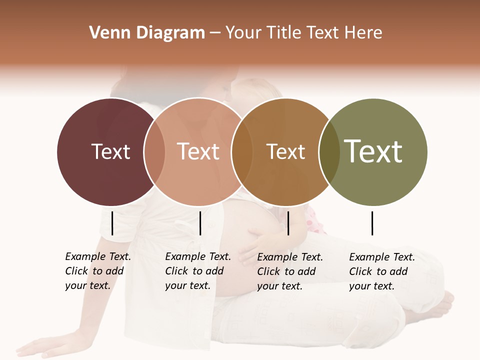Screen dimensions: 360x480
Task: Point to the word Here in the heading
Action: point(363,33)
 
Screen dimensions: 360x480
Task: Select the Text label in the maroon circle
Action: point(110,151)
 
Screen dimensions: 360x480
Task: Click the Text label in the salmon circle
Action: point(198,151)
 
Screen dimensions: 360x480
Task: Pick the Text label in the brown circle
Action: point(285,151)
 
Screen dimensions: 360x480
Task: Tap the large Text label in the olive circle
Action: point(373,151)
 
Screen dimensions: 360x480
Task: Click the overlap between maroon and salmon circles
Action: point(154,152)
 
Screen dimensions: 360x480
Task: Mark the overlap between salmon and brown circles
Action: point(242,152)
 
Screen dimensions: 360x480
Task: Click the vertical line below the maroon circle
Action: point(112,223)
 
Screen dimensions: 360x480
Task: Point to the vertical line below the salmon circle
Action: point(200,223)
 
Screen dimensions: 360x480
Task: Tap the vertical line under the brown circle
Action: point(288,223)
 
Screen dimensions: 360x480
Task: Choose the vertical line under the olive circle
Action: point(372,223)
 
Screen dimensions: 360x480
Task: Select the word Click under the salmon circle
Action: point(177,271)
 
